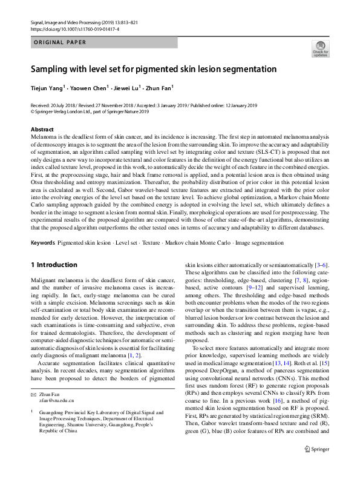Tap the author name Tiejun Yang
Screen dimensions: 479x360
coord(47,87)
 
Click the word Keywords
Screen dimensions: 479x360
coord(43,242)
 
